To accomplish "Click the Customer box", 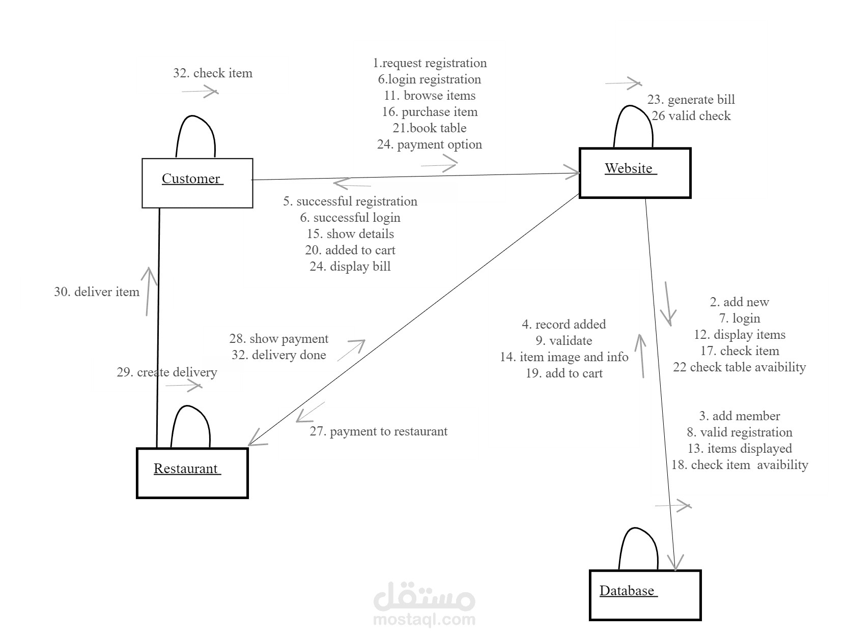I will click(x=197, y=183).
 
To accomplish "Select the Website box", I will click(x=635, y=172).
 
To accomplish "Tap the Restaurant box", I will click(x=192, y=473).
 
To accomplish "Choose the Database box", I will click(x=645, y=595).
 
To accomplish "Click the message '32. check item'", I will click(x=212, y=73).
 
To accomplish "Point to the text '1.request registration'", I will click(x=430, y=63).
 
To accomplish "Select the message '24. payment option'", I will click(x=430, y=144).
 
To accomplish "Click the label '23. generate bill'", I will click(x=691, y=100).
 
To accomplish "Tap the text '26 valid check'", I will click(x=691, y=116).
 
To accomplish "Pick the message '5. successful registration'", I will click(x=350, y=201).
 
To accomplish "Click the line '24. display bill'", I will click(x=350, y=267).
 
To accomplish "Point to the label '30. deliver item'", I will click(x=97, y=292).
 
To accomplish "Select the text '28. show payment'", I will click(x=278, y=339).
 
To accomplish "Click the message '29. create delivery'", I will click(x=166, y=372).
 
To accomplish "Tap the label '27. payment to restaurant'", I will click(x=378, y=431).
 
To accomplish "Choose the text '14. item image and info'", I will click(x=564, y=357).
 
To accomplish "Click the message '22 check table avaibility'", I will click(x=739, y=367).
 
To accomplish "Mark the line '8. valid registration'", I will click(x=739, y=432).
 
